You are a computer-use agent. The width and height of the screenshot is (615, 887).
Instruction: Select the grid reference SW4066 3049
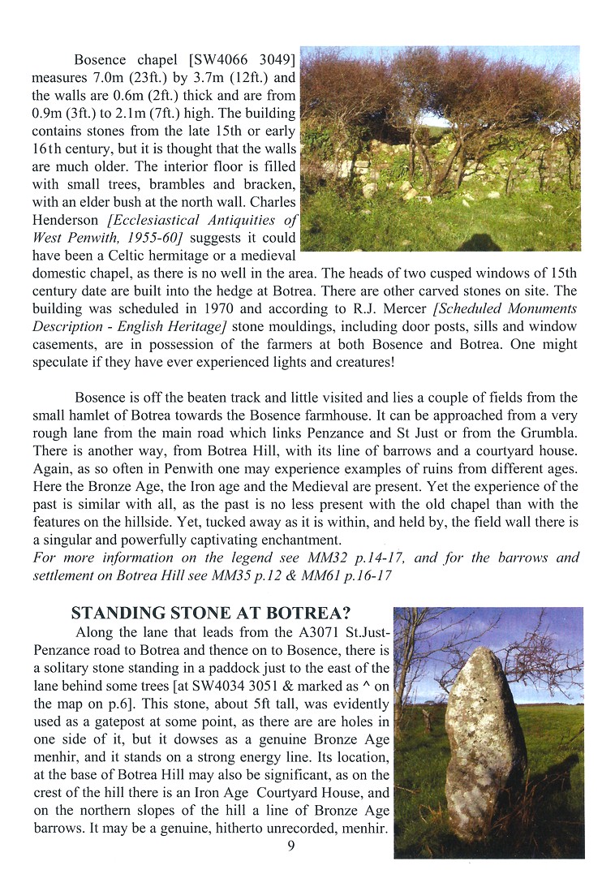pos(245,60)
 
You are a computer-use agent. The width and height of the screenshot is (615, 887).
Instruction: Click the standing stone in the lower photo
pos(483,738)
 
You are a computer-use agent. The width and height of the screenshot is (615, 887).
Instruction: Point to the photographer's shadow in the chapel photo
pos(479,242)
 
